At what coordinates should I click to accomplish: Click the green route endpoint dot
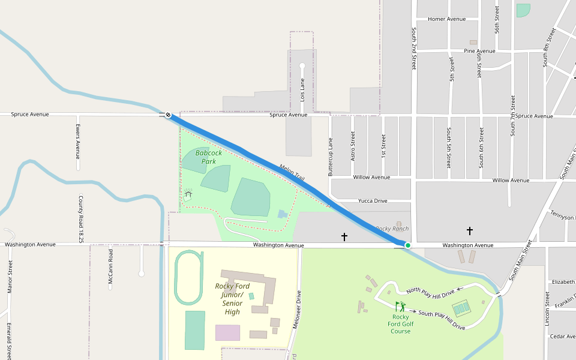[408, 245]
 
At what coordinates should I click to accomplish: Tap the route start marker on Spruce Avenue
[168, 115]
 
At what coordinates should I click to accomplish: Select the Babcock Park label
[209, 157]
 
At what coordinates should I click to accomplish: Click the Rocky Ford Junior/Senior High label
[232, 299]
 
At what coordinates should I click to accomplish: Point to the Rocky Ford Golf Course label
[401, 324]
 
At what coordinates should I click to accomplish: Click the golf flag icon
[400, 307]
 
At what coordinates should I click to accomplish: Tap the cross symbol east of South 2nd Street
[470, 230]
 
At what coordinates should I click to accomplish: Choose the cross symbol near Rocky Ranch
[344, 237]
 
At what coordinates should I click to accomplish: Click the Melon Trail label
[292, 173]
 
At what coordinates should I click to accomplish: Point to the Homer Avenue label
[446, 19]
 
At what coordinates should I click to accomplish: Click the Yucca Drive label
[373, 200]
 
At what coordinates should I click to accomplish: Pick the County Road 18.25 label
[80, 219]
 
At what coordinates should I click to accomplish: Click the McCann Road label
[110, 267]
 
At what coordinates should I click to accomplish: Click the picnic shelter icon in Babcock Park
[188, 194]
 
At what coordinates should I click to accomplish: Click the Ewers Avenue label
[78, 139]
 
